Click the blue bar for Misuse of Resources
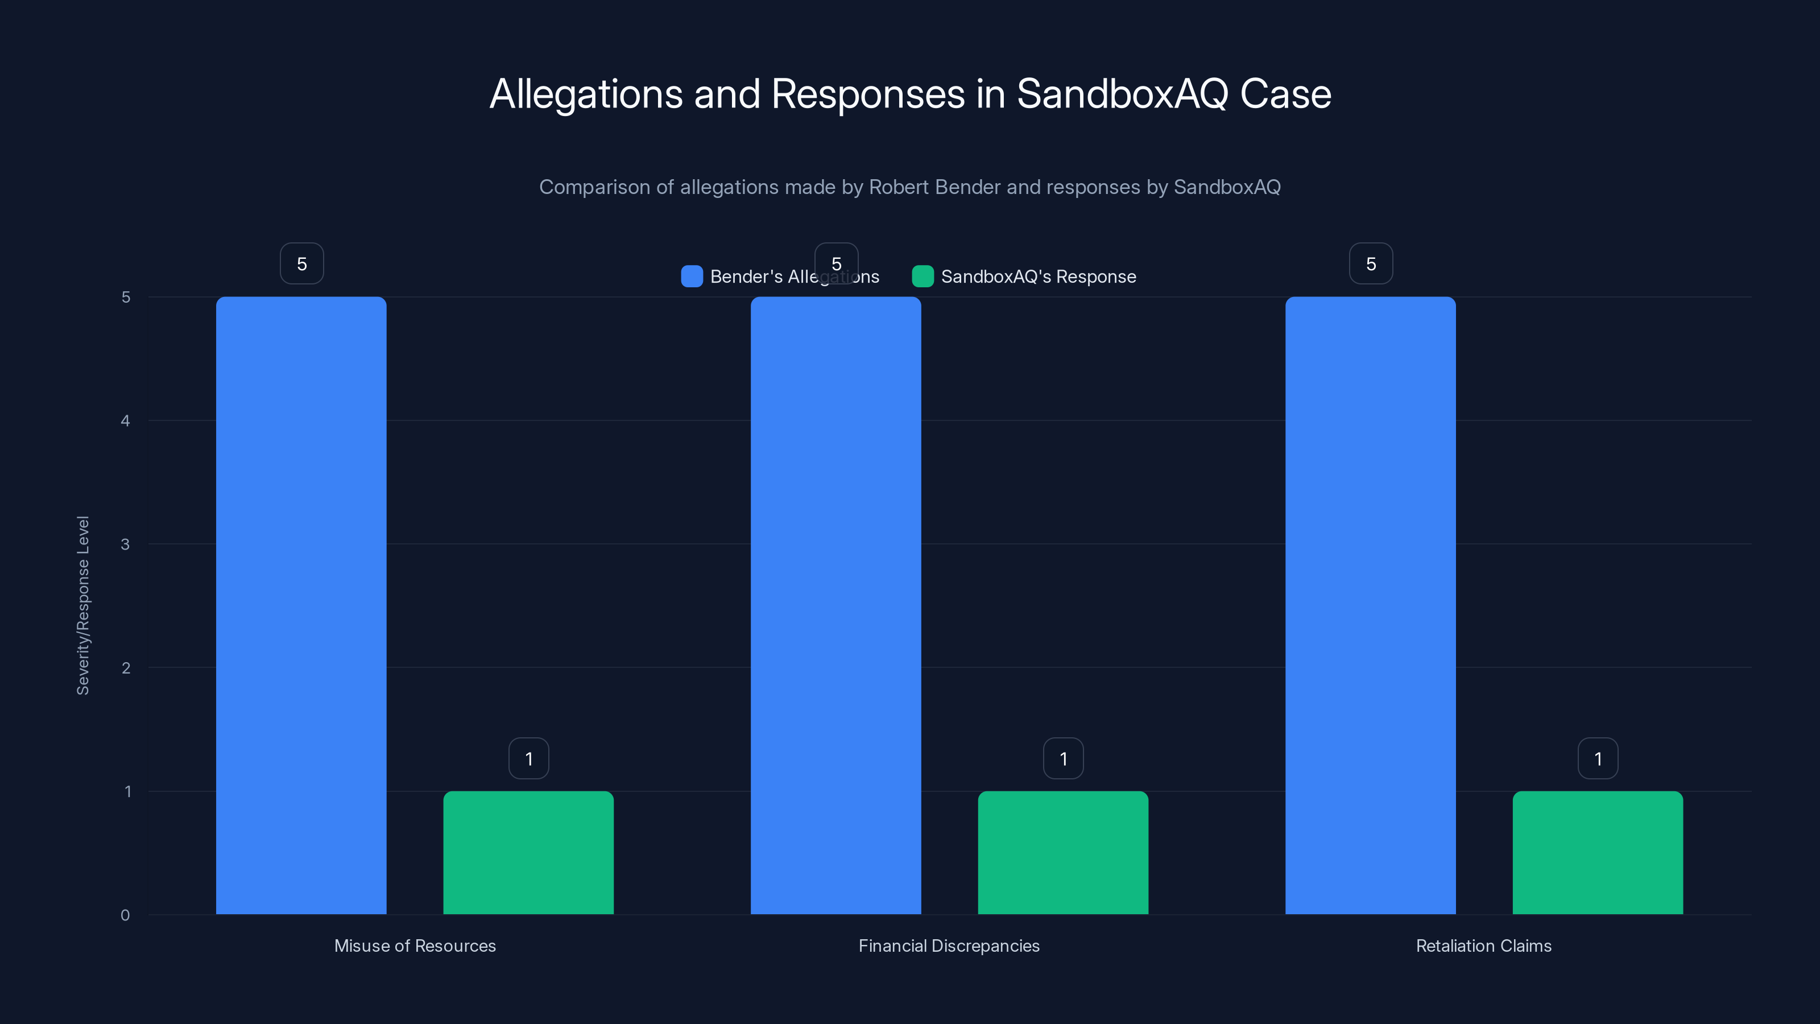tap(301, 605)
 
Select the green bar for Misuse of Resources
tap(528, 852)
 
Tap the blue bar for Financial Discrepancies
tap(836, 605)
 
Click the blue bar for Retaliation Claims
tap(1371, 605)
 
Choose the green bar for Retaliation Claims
tap(1598, 852)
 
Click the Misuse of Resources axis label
tap(415, 945)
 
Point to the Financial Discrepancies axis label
tap(949, 945)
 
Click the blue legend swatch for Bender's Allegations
tap(692, 276)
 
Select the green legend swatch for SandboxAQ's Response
tap(923, 276)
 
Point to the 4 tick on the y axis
tap(126, 421)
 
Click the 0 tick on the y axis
tap(126, 915)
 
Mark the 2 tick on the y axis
tap(126, 668)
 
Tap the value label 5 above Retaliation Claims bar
tap(1371, 263)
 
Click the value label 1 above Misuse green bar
tap(528, 758)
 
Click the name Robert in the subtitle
tap(899, 187)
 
